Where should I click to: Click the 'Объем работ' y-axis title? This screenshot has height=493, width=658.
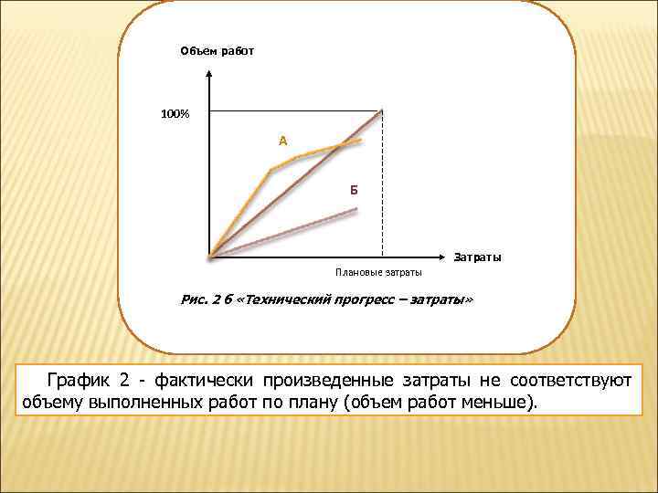pyautogui.click(x=217, y=51)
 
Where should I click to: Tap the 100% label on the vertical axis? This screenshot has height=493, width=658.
pyautogui.click(x=175, y=114)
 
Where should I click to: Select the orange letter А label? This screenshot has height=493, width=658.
pyautogui.click(x=283, y=141)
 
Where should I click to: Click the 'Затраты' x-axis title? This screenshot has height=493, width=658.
pyautogui.click(x=477, y=257)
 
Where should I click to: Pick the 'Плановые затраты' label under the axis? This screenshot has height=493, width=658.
pyautogui.click(x=378, y=272)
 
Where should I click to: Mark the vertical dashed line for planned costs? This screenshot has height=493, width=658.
pyautogui.click(x=382, y=183)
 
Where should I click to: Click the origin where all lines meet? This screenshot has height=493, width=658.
pyautogui.click(x=210, y=256)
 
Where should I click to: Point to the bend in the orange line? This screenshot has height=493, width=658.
pyautogui.click(x=271, y=170)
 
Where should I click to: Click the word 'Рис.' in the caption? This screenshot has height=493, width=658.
pyautogui.click(x=196, y=300)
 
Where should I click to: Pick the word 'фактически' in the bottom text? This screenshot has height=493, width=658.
pyautogui.click(x=204, y=379)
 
